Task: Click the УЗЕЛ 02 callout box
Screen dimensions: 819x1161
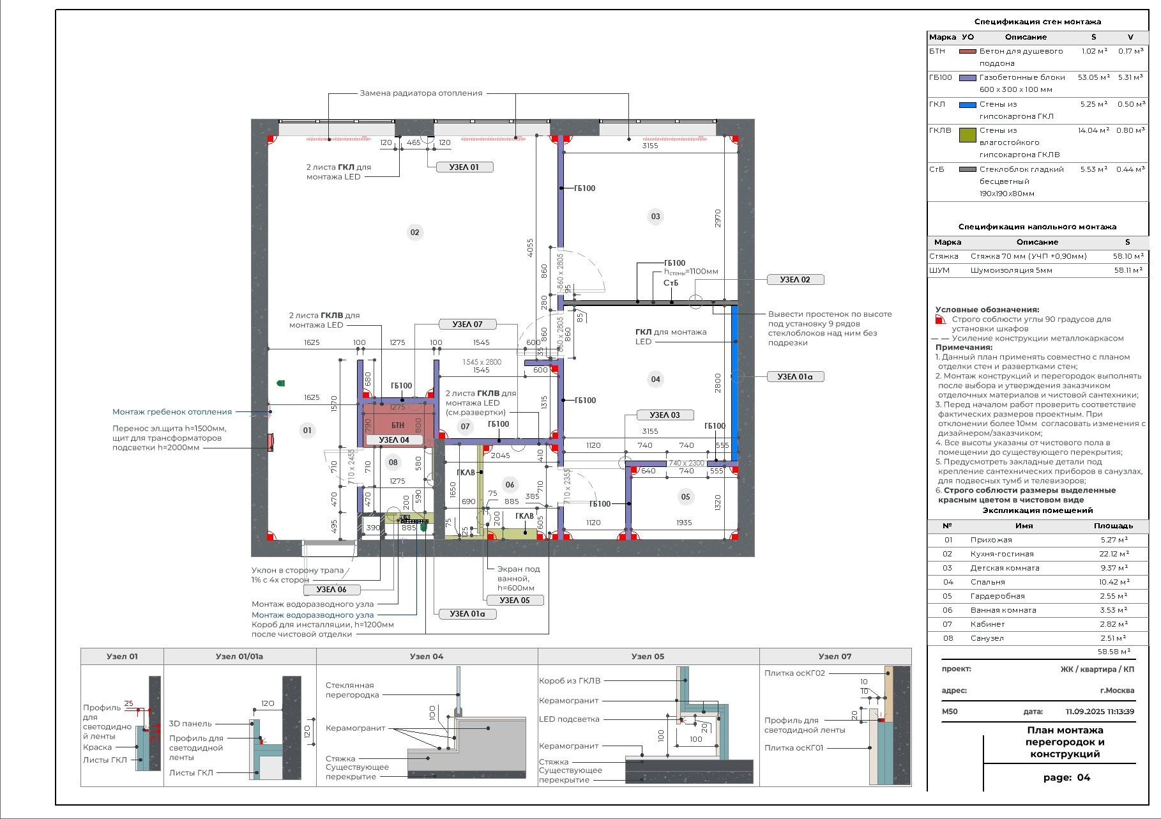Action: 795,280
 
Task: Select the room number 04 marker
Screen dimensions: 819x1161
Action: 655,379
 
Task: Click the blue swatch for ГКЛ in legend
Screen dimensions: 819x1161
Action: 968,105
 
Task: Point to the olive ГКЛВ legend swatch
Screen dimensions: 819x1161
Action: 968,134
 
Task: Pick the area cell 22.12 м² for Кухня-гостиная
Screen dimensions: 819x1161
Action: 1114,554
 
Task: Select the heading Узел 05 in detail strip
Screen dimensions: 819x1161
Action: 648,656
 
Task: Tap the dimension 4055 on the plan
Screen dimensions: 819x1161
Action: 530,249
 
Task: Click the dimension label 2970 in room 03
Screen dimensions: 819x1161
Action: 718,218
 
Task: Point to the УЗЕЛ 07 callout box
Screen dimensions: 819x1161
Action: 467,325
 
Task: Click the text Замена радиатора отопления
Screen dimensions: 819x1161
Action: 421,93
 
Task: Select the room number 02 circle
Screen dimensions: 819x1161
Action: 414,232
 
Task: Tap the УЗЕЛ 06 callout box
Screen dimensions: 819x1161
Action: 331,590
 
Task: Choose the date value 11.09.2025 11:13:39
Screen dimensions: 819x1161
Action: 1099,712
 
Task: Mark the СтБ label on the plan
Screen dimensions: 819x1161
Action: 671,283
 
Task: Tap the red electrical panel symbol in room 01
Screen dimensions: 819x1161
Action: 270,442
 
